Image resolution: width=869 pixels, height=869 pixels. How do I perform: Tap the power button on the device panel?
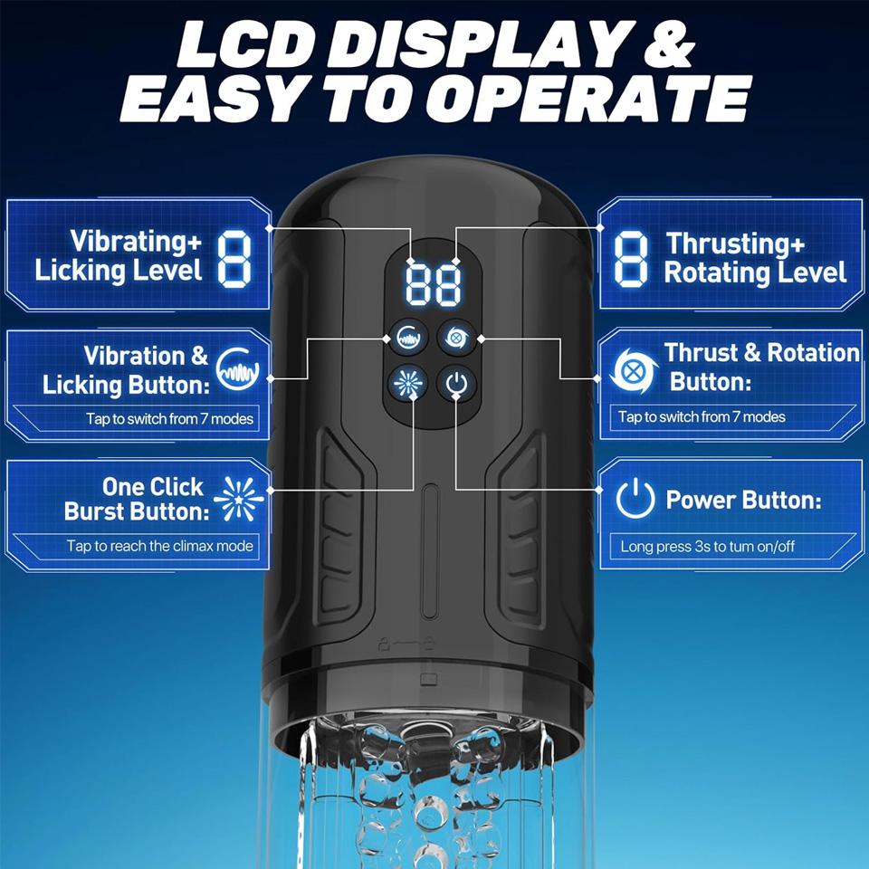456,383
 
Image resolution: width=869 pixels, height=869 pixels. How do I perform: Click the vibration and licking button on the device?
408,337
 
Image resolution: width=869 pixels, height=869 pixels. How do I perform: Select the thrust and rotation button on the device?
456,337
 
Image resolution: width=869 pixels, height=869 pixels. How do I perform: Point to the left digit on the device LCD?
418,284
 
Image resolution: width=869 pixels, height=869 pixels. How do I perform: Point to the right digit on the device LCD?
448,284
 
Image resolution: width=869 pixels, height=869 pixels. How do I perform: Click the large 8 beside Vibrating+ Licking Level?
234,259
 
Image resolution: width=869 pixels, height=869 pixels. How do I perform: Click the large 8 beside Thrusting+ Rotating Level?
631,259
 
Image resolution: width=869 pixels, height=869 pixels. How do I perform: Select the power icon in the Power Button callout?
635,499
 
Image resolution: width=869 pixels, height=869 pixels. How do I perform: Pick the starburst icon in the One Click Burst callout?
239,498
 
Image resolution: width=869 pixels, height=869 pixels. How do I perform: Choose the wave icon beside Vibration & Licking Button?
238,368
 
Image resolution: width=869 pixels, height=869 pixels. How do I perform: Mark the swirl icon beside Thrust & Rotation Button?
634,370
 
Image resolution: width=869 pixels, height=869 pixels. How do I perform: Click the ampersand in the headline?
671,45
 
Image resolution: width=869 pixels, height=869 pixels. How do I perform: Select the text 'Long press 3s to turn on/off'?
708,547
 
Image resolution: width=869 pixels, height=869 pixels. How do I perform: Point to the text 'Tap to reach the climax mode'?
159,546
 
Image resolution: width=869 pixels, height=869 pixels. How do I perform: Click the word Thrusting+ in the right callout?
735,244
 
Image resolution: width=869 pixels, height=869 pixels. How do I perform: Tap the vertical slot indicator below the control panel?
429,551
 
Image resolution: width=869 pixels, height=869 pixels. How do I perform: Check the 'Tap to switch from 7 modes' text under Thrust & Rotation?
702,416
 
